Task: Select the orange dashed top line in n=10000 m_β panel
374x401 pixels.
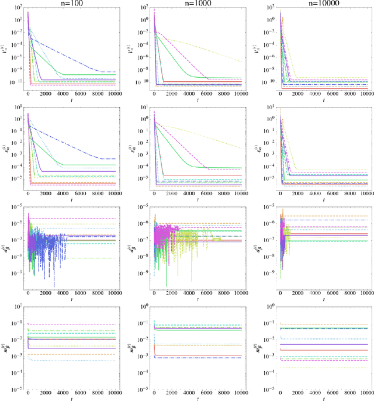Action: click(327, 325)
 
